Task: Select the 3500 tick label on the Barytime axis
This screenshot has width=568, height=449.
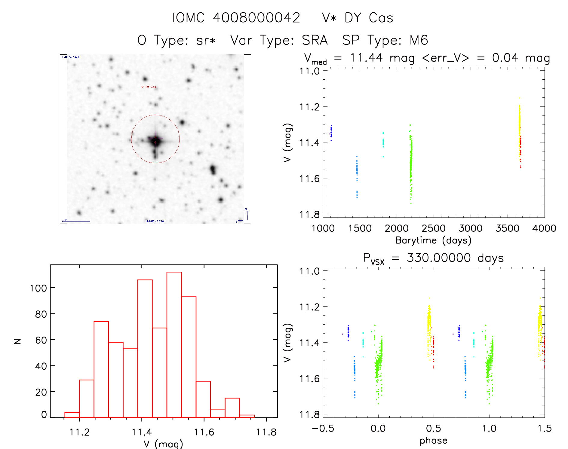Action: tap(508, 228)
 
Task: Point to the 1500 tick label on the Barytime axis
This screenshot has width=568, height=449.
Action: tap(360, 228)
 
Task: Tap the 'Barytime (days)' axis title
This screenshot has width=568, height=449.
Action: tap(433, 240)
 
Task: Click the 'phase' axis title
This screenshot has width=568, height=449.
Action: tap(433, 441)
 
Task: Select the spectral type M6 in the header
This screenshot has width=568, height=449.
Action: tap(419, 40)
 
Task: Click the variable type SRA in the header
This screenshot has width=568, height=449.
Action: tap(315, 40)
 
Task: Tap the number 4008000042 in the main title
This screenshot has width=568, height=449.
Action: tap(256, 18)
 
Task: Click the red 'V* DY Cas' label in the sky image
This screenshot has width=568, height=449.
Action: tap(149, 87)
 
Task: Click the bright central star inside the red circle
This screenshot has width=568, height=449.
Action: tap(155, 140)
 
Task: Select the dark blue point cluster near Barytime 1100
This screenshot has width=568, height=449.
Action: tap(331, 132)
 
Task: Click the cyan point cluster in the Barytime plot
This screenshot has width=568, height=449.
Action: tap(383, 143)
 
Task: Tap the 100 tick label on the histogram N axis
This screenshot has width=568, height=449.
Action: tap(38, 288)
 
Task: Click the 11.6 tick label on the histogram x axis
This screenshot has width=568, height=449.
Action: tap(204, 432)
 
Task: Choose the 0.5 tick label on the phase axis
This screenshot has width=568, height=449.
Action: tap(434, 429)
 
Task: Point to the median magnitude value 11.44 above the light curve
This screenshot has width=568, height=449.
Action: tap(366, 58)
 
